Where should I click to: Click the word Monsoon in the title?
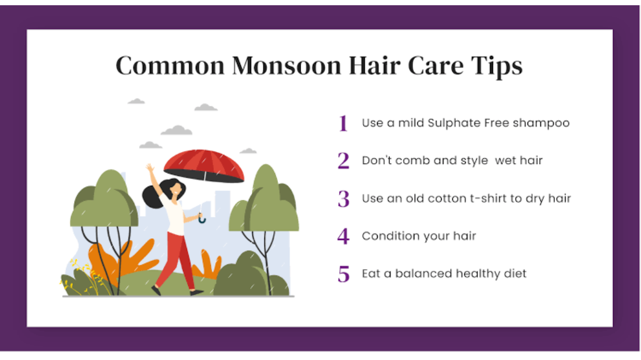tap(287, 66)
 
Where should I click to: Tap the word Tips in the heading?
tap(496, 66)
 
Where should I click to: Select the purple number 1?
tap(343, 123)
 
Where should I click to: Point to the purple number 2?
tap(343, 161)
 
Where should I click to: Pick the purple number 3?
tap(343, 199)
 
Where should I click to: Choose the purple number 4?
tap(343, 236)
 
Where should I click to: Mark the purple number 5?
tap(344, 274)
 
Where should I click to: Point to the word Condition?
tap(390, 236)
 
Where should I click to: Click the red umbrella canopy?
tap(203, 164)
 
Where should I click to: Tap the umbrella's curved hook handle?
tap(202, 219)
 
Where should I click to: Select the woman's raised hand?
tap(150, 168)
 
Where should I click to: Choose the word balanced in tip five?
tap(424, 273)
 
